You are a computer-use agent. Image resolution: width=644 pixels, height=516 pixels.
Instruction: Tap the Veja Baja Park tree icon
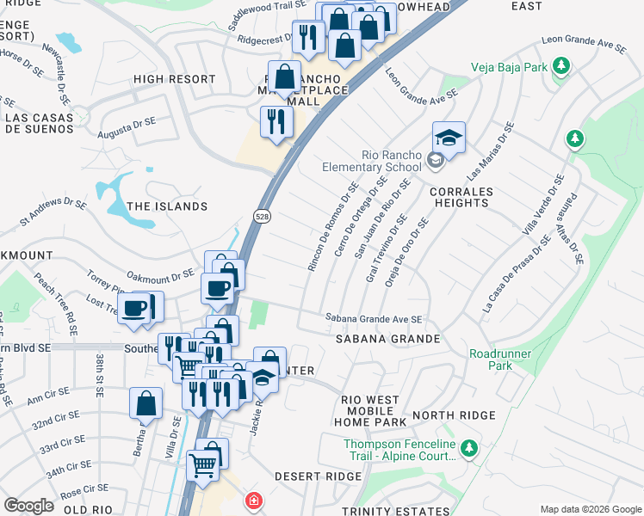click(561, 65)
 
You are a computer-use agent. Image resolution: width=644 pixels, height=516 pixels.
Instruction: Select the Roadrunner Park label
click(499, 359)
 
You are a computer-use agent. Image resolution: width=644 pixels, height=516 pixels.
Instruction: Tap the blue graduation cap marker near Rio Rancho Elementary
click(449, 138)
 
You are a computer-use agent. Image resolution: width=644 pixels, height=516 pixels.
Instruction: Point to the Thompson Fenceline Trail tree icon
click(468, 448)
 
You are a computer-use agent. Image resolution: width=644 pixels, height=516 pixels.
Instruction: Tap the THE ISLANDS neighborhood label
click(167, 206)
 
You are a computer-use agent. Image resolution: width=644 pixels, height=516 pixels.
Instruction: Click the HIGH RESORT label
click(174, 79)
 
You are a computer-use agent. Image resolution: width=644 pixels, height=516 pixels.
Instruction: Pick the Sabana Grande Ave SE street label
click(374, 318)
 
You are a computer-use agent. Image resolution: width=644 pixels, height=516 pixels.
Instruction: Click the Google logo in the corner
click(29, 506)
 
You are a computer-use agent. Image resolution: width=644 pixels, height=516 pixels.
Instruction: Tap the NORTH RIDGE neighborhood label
click(454, 415)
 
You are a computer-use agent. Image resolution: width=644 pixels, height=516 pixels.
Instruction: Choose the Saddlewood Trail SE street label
click(268, 12)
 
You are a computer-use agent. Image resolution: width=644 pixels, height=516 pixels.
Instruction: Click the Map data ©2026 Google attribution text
click(590, 508)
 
